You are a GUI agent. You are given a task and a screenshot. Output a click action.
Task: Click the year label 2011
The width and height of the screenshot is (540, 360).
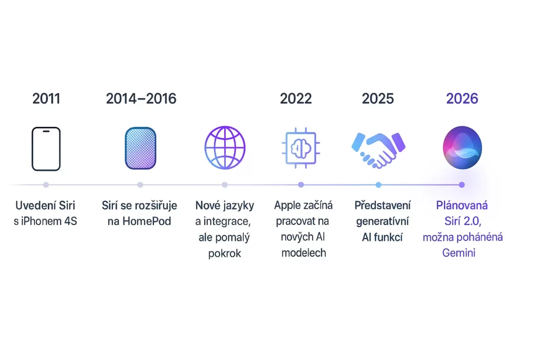46,99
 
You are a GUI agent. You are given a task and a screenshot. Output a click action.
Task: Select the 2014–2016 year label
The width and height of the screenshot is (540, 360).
141,99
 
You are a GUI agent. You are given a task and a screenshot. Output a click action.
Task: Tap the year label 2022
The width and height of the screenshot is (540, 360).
296,99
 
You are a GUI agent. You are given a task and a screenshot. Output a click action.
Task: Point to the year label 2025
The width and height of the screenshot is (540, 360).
378,99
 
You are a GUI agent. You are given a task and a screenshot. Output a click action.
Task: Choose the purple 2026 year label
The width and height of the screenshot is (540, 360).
462,99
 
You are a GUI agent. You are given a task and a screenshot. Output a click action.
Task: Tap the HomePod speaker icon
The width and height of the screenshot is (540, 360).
140,148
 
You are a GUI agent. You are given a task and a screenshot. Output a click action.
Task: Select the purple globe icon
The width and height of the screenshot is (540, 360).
225,148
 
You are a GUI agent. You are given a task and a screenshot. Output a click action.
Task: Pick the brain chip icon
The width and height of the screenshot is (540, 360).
301,148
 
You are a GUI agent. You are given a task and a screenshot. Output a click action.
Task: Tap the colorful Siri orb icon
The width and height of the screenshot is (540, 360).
462,148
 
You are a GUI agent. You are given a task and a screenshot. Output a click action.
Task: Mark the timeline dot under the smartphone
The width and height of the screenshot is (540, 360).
46,185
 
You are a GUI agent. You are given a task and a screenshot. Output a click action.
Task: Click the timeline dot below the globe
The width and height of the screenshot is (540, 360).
225,185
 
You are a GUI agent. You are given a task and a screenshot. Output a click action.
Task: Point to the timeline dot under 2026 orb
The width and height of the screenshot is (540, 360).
462,185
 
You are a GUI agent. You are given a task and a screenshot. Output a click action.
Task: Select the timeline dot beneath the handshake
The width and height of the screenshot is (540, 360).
379,185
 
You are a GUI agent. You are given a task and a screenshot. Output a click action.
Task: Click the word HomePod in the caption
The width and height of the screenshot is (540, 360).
147,221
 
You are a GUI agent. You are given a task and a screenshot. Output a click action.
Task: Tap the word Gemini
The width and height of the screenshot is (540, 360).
459,253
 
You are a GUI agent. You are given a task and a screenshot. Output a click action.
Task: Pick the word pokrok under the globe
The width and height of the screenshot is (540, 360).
225,254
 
